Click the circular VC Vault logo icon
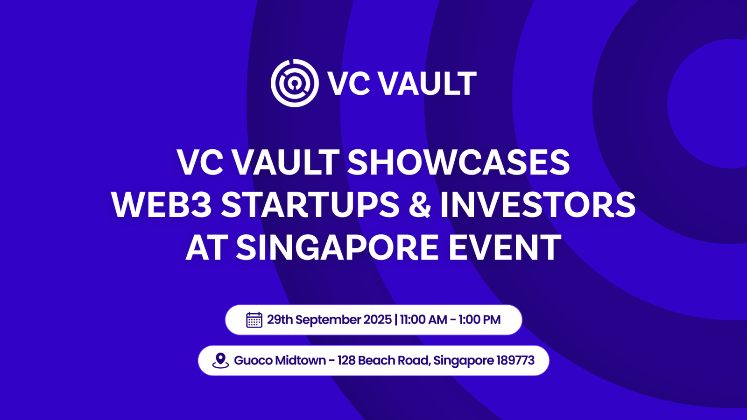295,83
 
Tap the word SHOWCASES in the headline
458,162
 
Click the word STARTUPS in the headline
310,205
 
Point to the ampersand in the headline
420,205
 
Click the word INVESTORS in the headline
538,205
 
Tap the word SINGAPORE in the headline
337,247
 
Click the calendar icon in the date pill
254,320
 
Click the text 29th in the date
280,320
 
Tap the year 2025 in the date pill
377,320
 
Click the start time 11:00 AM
423,320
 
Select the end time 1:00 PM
479,320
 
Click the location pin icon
220,360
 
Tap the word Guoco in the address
253,360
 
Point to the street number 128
346,360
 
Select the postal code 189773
515,360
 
